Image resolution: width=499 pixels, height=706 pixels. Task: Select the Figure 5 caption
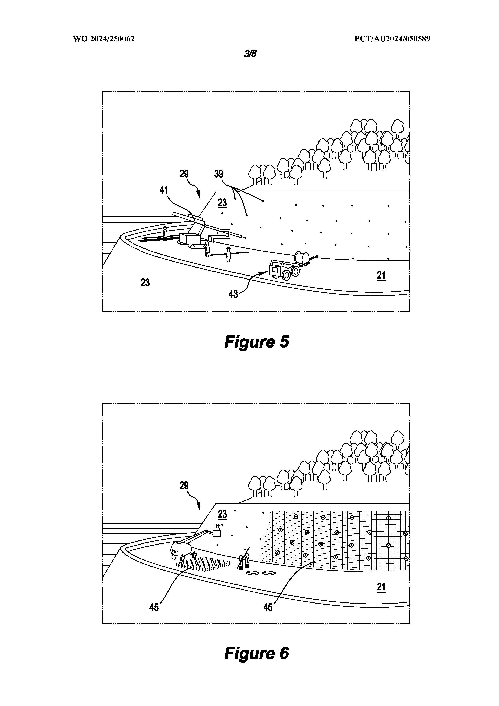(257, 342)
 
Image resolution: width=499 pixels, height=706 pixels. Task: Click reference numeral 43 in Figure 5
(233, 294)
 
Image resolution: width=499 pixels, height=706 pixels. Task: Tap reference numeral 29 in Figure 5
(184, 174)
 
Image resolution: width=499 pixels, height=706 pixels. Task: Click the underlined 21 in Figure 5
(381, 275)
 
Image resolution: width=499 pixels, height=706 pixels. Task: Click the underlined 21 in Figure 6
(381, 587)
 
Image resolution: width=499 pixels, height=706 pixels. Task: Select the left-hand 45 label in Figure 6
(154, 607)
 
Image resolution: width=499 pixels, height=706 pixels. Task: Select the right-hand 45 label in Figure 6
(268, 607)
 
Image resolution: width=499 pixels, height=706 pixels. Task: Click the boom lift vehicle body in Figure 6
(181, 550)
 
